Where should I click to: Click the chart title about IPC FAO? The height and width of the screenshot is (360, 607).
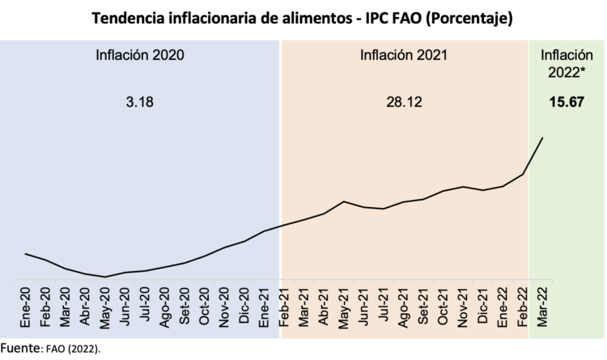coord(303,17)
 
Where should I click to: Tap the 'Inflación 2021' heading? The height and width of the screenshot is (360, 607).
coord(403,56)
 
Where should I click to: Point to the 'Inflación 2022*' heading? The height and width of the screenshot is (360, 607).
coord(566,64)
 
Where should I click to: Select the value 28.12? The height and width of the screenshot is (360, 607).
coord(403,103)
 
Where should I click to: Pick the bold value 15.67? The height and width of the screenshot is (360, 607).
coord(566,103)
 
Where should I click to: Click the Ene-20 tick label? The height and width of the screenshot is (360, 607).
coord(26,308)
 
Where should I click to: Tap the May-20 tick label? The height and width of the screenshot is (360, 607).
coord(105,308)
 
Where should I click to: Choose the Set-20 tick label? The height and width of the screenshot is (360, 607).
coord(185,308)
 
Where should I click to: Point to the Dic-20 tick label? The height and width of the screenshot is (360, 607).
coord(244,308)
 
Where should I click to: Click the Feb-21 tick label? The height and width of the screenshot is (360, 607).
coord(284,308)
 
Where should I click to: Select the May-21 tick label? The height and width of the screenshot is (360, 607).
coord(344,308)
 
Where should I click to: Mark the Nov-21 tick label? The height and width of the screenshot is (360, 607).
coord(463,308)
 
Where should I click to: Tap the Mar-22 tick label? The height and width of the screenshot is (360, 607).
coord(542,308)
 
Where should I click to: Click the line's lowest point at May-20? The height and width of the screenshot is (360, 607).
coord(105,277)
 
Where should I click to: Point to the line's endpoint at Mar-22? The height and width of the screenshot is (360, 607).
coord(542,138)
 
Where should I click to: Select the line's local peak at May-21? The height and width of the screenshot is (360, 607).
coord(344,201)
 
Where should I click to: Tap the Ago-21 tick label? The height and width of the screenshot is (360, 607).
coord(403,308)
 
